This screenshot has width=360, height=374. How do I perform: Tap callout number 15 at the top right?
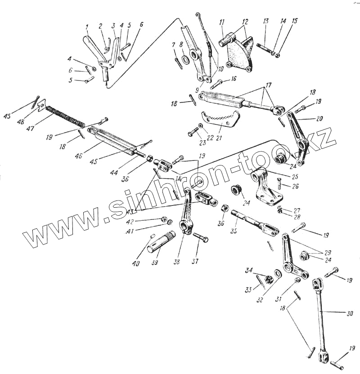(x=295, y=21)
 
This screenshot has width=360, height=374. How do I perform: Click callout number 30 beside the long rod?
(x=350, y=313)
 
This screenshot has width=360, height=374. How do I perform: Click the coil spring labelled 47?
(x=65, y=115)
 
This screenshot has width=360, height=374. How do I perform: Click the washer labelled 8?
(x=185, y=59)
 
